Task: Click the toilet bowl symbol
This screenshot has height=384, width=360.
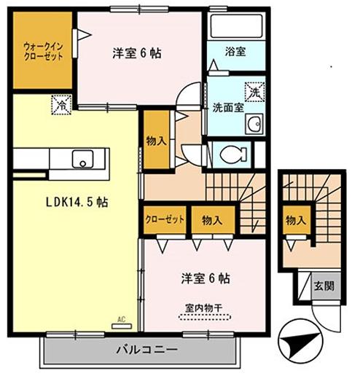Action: click(x=232, y=154)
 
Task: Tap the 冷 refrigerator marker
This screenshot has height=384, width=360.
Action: click(x=63, y=105)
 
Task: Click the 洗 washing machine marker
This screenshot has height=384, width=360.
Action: click(x=254, y=93)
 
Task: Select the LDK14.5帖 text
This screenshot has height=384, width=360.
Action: click(x=78, y=203)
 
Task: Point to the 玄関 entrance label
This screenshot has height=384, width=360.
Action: click(x=325, y=286)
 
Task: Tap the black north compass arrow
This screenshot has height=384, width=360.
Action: click(x=302, y=340)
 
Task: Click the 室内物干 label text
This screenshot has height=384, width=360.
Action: click(x=203, y=306)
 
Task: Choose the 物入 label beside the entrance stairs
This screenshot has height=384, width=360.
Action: click(x=295, y=220)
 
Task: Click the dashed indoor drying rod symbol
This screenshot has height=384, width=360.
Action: click(x=204, y=318)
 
